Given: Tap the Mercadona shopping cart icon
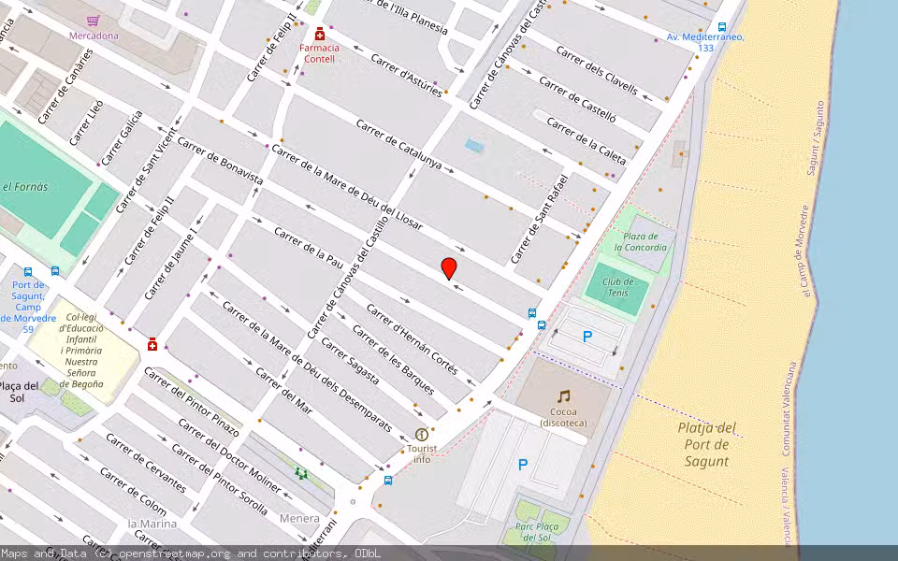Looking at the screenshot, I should click(x=93, y=21).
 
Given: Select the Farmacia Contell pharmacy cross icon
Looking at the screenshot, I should click(x=320, y=34).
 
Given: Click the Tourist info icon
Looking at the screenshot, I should click(x=422, y=435).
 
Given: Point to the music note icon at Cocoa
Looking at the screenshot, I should click(x=563, y=396).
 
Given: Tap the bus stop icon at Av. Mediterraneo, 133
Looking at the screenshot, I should click(x=721, y=27).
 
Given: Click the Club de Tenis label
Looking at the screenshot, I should click(x=618, y=287).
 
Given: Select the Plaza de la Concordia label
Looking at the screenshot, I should click(x=641, y=241).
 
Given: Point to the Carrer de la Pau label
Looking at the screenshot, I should click(x=309, y=247).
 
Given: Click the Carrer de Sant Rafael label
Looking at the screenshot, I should click(x=540, y=218).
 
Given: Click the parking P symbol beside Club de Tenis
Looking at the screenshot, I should click(x=587, y=337).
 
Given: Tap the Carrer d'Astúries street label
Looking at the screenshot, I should click(x=406, y=75).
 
